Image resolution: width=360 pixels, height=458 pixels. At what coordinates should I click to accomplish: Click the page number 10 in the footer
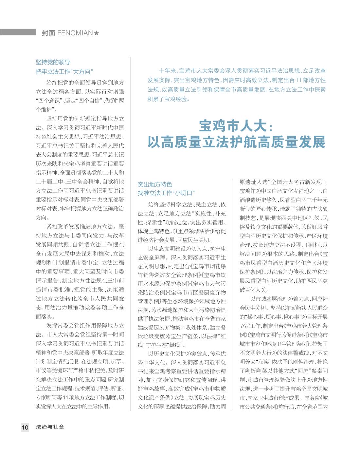coord(25,427)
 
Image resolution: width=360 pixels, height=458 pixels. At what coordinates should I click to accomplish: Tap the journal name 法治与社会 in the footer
coord(50,427)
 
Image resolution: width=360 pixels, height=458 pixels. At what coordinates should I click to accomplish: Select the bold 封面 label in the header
coord(48,33)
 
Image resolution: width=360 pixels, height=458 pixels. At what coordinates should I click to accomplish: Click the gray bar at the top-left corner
coord(18,32)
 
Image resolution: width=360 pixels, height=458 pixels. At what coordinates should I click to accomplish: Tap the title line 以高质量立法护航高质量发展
coord(236,142)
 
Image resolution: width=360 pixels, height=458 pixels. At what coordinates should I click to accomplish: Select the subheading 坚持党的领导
coord(53,62)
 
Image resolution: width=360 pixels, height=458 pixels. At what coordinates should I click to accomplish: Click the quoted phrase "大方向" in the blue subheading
coord(82,72)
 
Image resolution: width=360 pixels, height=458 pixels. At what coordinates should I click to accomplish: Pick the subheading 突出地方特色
coord(155,184)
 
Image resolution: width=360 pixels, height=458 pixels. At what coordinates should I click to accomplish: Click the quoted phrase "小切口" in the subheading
coord(184,193)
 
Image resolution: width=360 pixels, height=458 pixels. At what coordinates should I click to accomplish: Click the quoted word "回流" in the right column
coord(293,371)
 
